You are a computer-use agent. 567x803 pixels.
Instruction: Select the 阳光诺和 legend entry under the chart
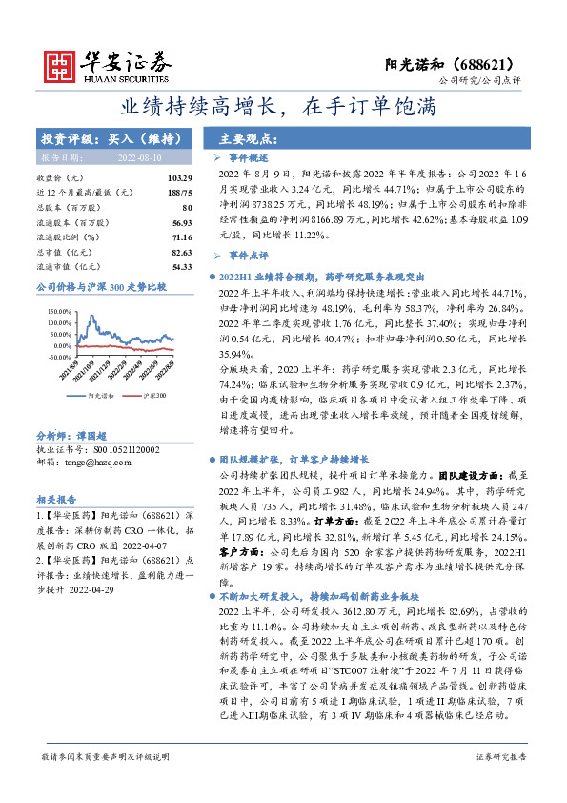point(95,392)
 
